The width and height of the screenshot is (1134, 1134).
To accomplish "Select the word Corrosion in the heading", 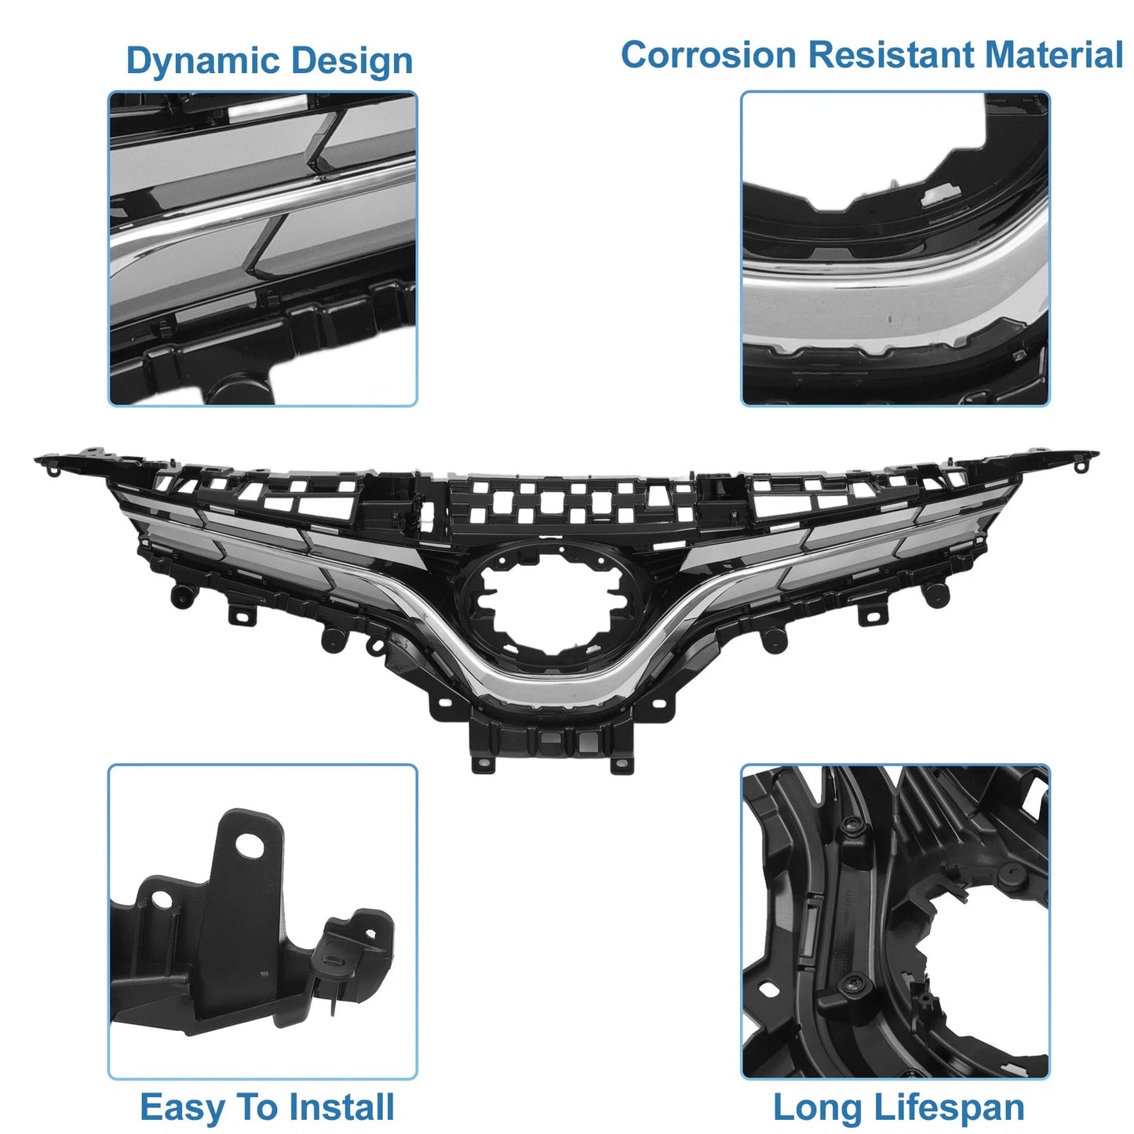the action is pos(709,55).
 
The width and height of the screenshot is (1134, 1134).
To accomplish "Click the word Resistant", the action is pos(891,55).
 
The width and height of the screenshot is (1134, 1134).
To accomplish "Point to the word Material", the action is pos(1053,55).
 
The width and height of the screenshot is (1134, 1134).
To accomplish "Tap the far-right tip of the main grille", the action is pos(1097,454).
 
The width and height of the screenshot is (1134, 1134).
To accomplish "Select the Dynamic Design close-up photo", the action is pos(262,248).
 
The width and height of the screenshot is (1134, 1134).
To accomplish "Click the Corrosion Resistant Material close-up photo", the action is pos(895,248).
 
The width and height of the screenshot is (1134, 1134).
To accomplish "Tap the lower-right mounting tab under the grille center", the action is pos(622,763).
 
